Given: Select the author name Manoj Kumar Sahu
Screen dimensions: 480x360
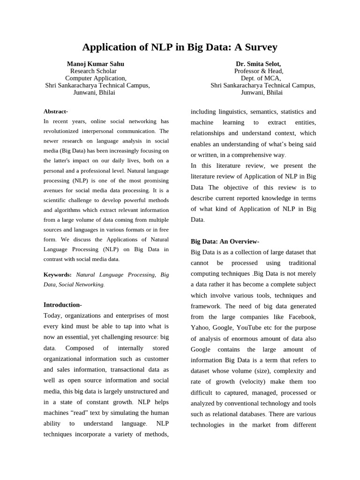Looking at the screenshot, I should [96, 64].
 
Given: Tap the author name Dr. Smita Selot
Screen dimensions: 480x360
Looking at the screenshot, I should [259, 64].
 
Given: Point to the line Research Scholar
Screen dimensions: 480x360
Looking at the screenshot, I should [93, 71].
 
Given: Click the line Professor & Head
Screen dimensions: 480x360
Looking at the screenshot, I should [259, 71].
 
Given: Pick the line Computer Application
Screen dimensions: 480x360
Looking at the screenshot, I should [96, 78].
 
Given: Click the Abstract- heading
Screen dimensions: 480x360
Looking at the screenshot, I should [56, 112].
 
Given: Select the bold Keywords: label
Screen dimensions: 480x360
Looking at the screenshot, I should [58, 275].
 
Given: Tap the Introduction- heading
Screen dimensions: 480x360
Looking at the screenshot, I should [63, 305].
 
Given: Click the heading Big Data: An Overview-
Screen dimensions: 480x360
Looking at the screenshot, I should [225, 241].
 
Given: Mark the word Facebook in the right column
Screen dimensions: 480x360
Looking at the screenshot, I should [302, 317].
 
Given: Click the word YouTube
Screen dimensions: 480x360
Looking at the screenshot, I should [249, 328].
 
